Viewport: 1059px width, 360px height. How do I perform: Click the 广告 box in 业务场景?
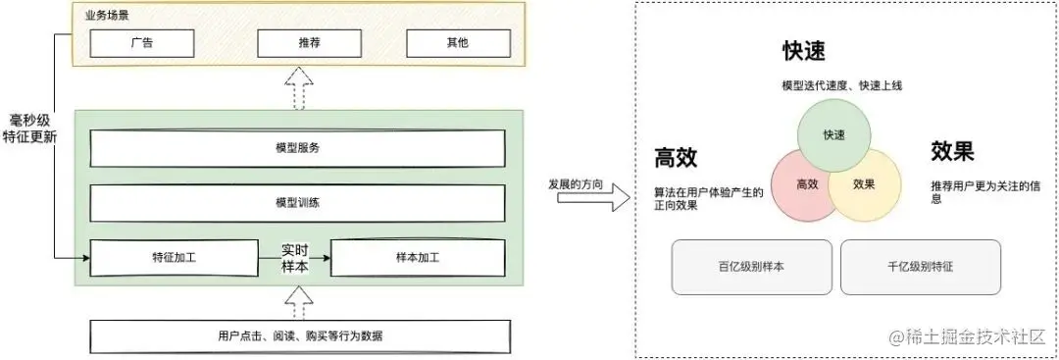141,43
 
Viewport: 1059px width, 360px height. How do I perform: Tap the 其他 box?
458,43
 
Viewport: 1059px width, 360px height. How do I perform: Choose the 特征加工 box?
175,258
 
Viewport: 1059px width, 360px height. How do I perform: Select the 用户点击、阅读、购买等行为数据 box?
300,336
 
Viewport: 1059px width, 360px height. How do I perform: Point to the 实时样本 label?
295,258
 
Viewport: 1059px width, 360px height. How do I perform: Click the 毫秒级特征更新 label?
30,129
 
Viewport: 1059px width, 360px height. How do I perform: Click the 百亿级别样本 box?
751,267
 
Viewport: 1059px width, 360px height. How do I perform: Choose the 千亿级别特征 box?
921,267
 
